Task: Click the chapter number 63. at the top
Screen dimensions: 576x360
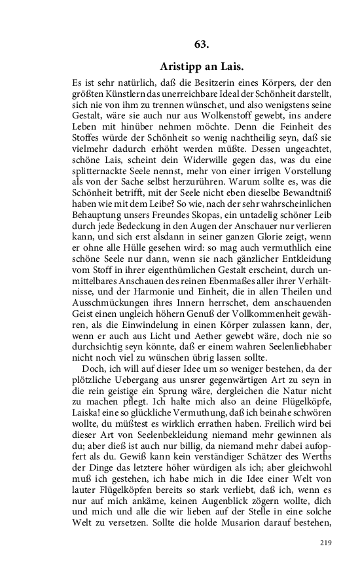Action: coord(201,44)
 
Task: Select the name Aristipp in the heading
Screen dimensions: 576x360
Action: coord(183,67)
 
